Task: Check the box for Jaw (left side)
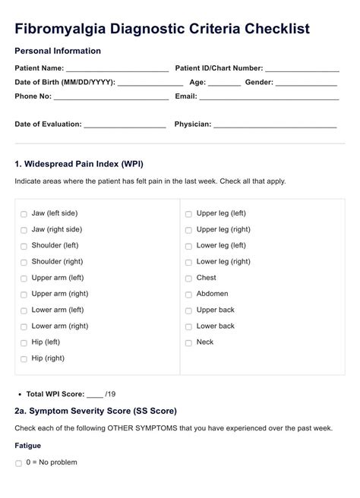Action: pos(24,214)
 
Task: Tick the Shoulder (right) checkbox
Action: pos(24,263)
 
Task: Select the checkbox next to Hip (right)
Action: pos(24,359)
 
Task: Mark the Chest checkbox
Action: pos(188,279)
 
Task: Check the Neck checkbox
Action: pos(188,343)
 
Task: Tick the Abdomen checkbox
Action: pos(188,295)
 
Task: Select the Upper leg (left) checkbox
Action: pos(188,214)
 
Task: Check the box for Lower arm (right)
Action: pos(24,327)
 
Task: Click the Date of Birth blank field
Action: pos(150,84)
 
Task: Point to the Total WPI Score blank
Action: pos(94,395)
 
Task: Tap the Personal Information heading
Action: pos(58,51)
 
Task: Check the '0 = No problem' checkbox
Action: pos(19,463)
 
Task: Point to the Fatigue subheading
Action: pos(27,446)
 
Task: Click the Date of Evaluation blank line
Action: pos(125,125)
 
